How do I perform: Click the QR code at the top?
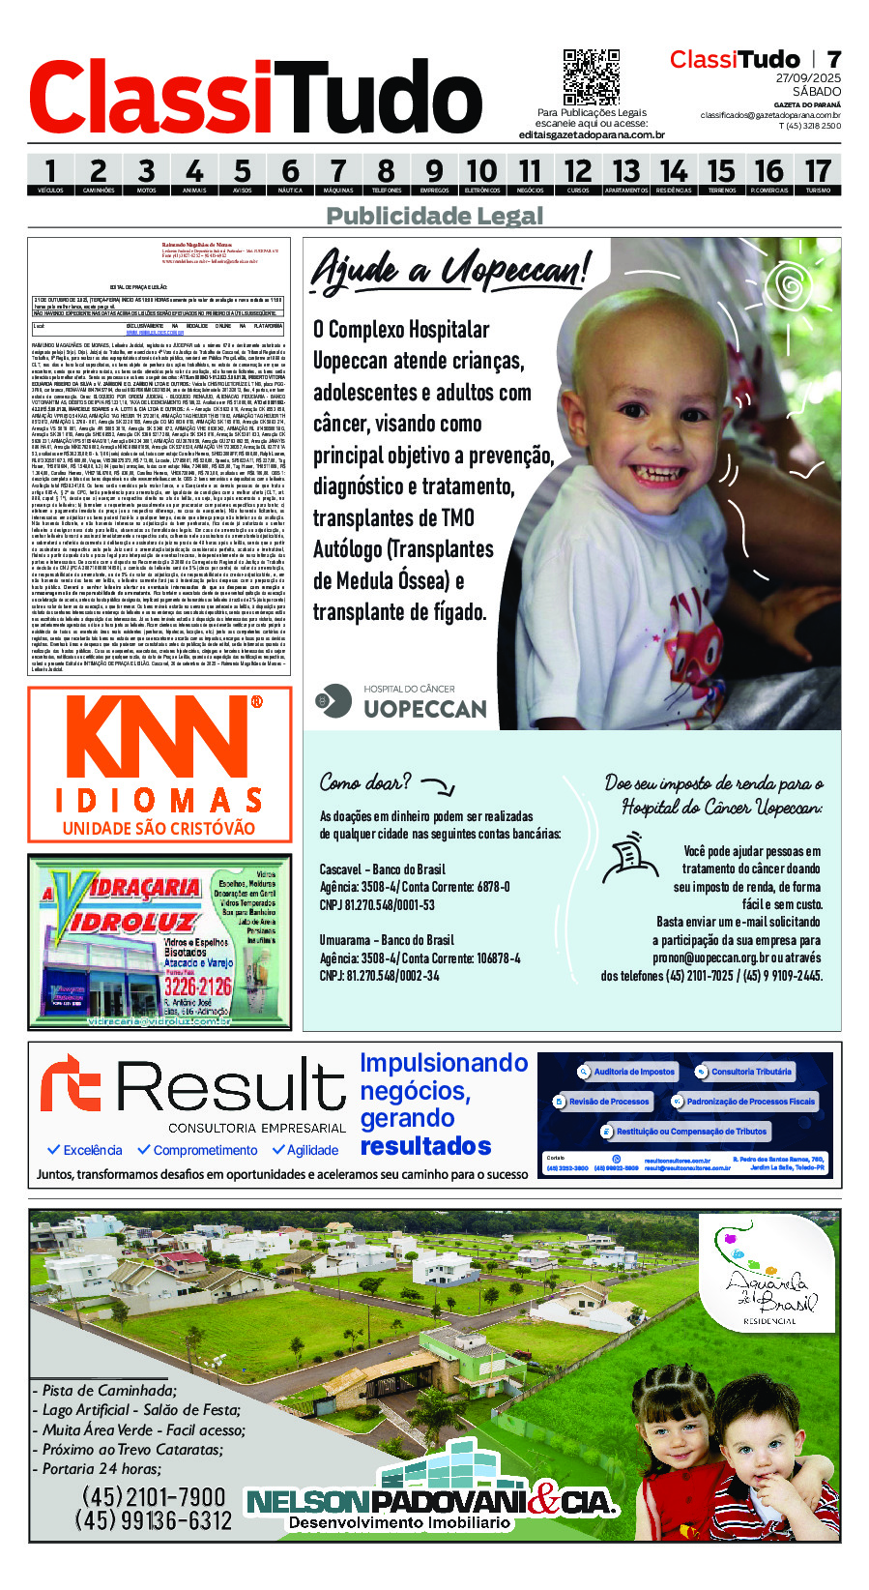point(591,77)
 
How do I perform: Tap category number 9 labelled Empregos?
point(434,174)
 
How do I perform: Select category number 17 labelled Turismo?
point(818,174)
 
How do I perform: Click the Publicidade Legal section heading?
point(434,216)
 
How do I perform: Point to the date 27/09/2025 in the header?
point(808,78)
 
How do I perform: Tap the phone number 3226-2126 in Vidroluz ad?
point(197,986)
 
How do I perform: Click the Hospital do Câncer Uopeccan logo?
point(402,701)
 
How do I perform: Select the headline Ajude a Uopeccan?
point(449,269)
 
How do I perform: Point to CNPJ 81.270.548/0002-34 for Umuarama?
point(379,976)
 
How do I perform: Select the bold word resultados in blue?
point(425,1147)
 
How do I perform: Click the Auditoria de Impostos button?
point(626,1072)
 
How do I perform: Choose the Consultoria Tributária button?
point(743,1072)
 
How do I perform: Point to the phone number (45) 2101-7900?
point(154,1496)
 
